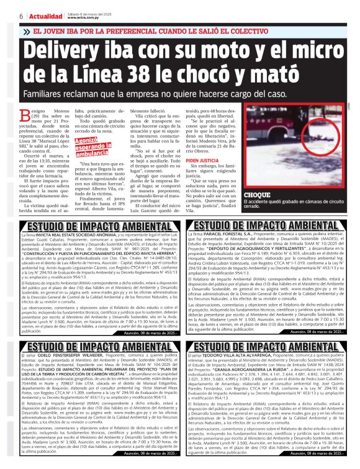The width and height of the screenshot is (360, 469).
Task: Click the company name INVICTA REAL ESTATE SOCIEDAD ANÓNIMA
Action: [75, 236]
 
